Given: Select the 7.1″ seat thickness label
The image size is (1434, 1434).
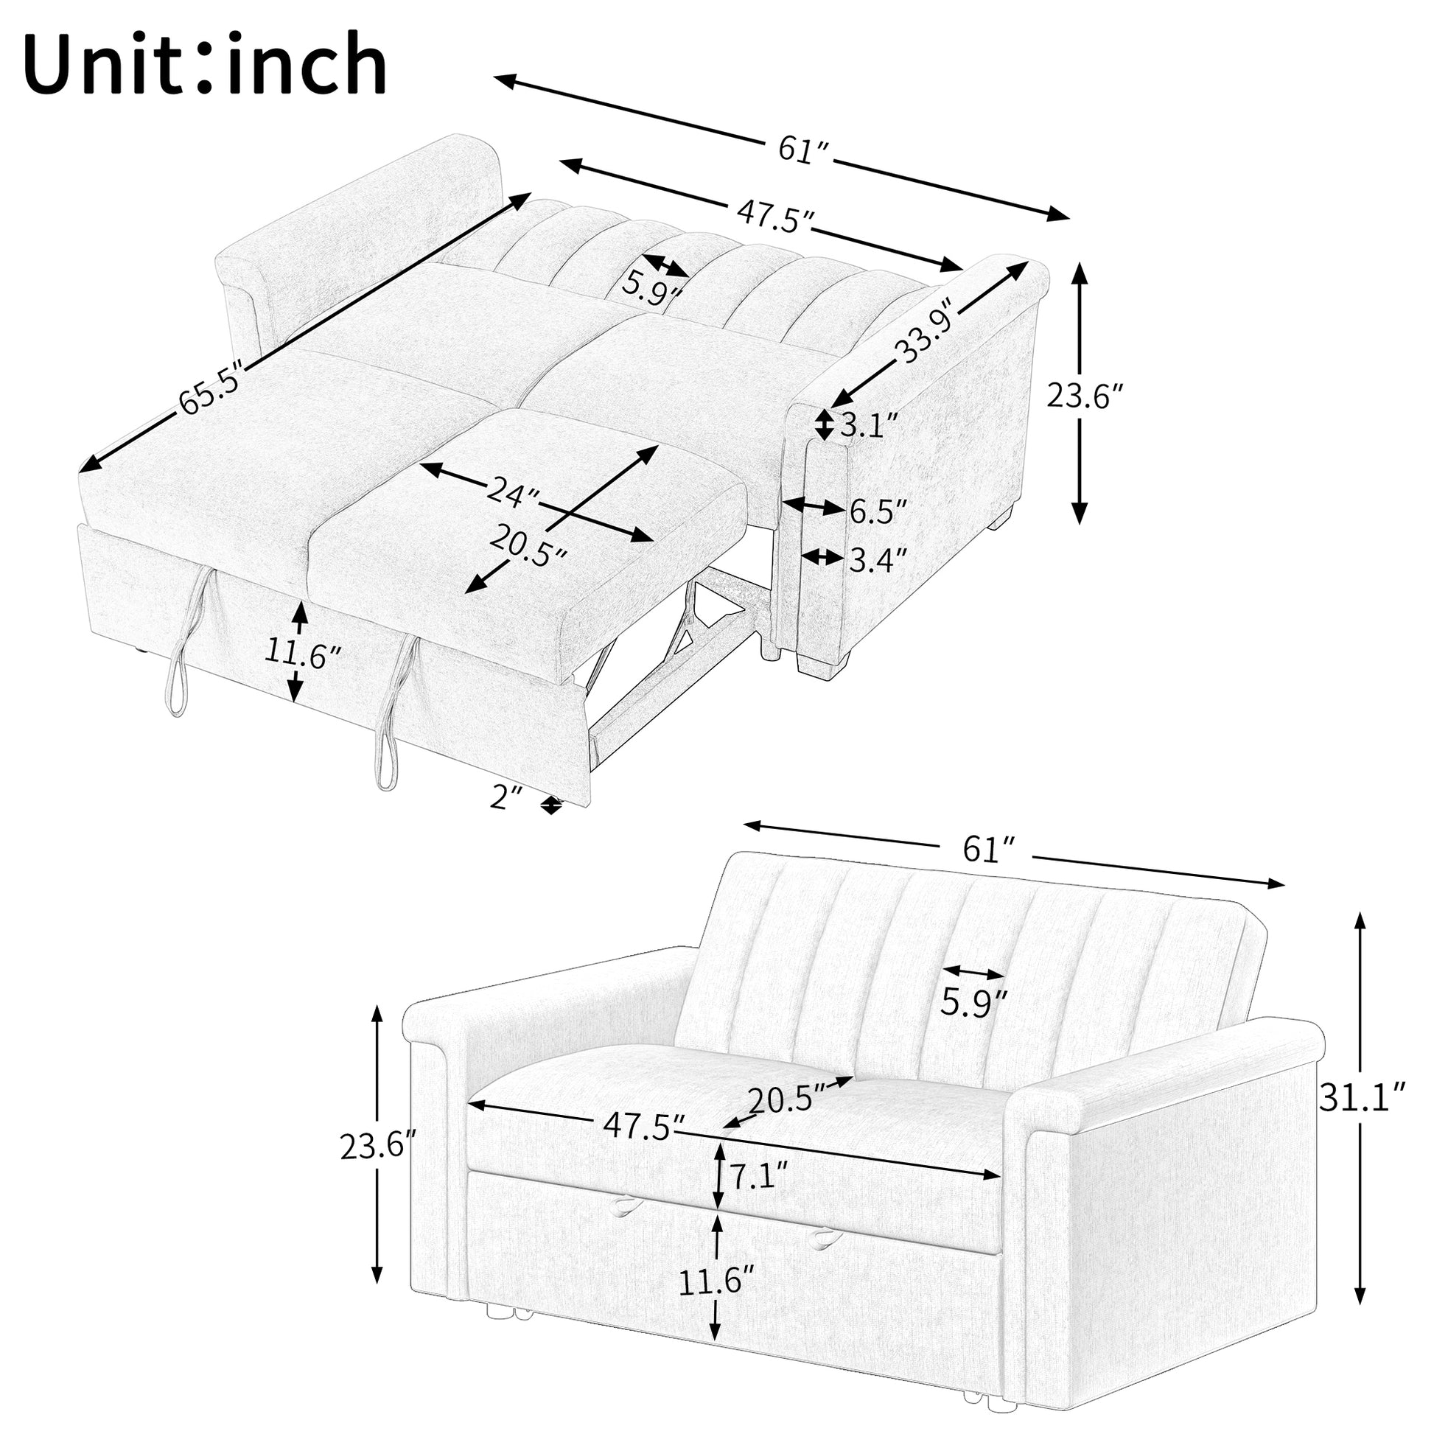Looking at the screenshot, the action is (x=758, y=1175).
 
